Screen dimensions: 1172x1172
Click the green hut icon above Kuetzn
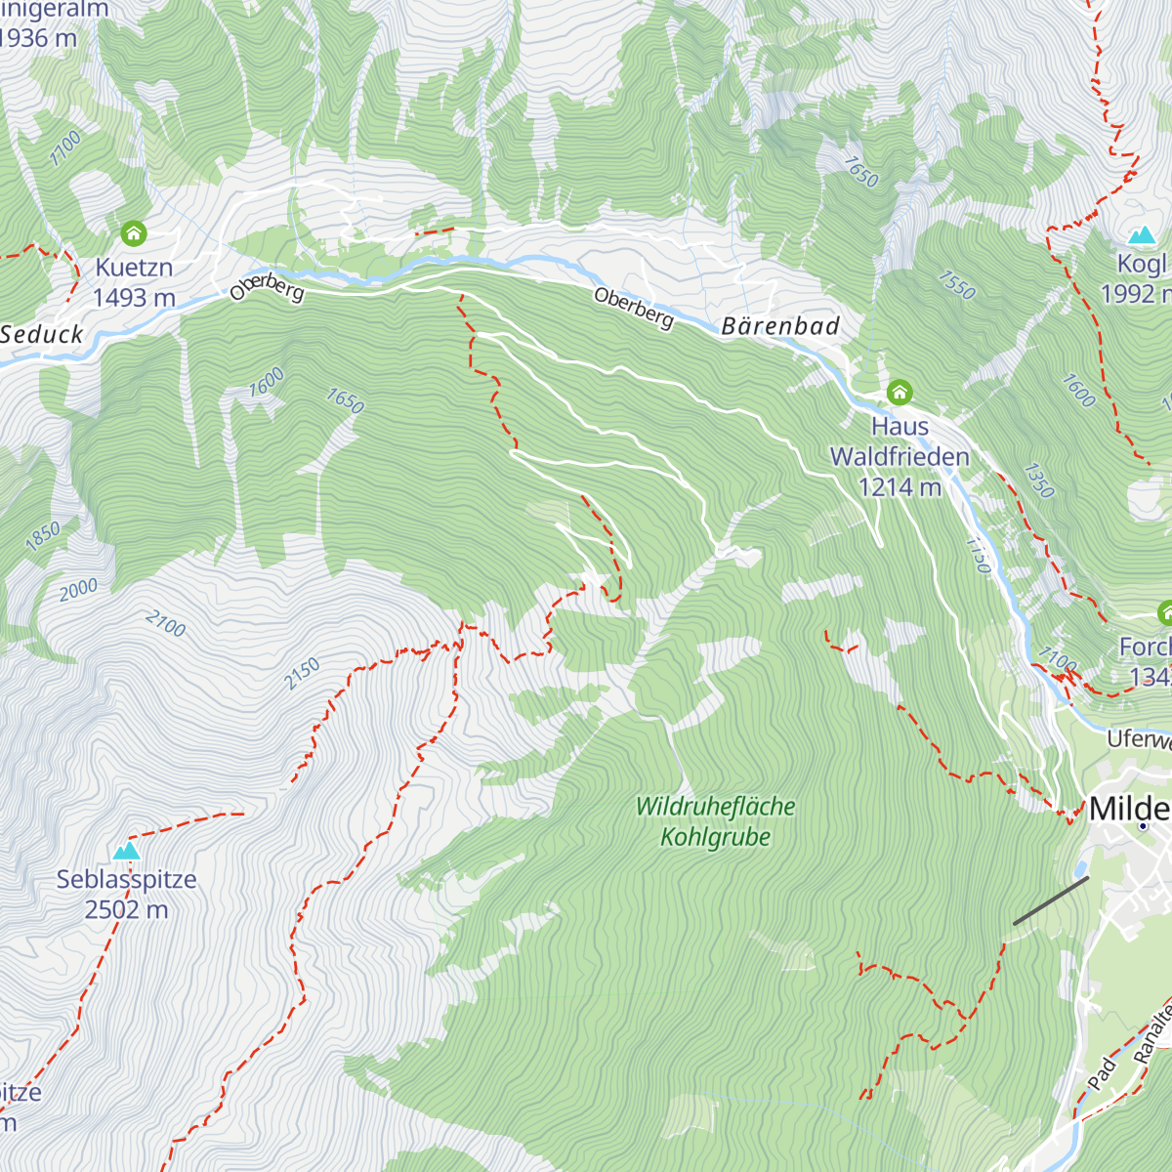click(134, 233)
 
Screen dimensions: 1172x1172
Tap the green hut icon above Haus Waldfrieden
click(900, 393)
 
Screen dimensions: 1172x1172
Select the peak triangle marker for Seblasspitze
click(126, 852)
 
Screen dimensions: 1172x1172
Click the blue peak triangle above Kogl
click(1142, 235)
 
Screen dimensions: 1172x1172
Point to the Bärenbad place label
click(780, 326)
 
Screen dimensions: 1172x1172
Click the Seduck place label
click(42, 334)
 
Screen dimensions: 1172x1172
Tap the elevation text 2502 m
click(126, 909)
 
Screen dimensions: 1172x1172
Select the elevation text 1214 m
click(900, 486)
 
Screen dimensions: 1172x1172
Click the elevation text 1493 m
click(134, 297)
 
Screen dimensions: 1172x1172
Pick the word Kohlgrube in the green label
click(716, 837)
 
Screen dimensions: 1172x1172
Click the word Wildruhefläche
click(716, 807)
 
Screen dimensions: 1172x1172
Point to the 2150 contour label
click(303, 674)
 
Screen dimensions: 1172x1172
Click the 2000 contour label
click(78, 589)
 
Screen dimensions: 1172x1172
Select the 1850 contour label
click(43, 536)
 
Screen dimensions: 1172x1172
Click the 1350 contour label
click(1039, 480)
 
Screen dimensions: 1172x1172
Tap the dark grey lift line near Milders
click(1051, 900)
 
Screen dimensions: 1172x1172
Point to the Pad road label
click(1102, 1073)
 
